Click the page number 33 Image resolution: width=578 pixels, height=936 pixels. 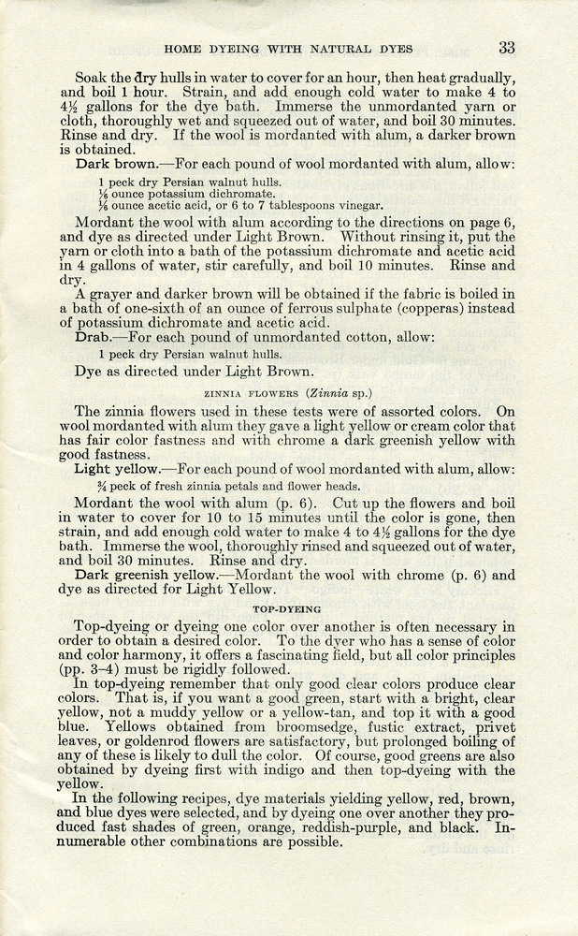pyautogui.click(x=507, y=47)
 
